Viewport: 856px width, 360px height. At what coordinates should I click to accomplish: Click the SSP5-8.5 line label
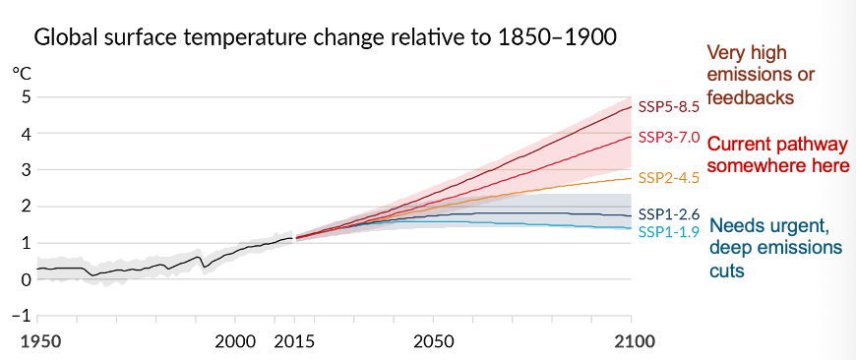668,106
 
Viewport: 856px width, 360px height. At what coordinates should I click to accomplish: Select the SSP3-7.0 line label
668,137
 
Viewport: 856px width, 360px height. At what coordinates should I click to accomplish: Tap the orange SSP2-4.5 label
668,177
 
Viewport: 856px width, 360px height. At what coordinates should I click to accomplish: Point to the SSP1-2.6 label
668,213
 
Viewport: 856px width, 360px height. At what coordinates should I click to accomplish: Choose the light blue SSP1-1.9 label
668,231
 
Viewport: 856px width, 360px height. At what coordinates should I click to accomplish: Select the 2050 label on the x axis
433,341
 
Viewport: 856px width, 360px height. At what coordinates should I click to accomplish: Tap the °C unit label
21,72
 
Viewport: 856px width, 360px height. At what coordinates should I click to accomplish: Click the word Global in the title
66,38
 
